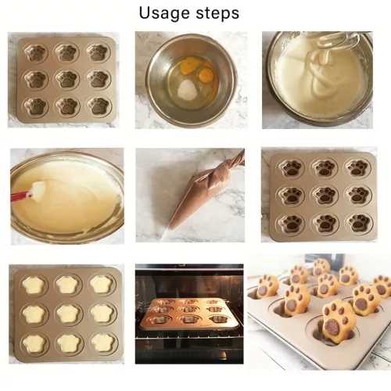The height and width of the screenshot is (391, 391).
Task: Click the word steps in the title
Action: [x=217, y=13]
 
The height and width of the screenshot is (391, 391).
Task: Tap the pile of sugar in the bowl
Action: [x=186, y=89]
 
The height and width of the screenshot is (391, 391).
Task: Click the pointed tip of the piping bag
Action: [x=163, y=237]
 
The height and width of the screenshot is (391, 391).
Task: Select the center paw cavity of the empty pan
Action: [x=66, y=79]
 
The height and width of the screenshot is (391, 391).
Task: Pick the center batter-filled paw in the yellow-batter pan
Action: [x=66, y=313]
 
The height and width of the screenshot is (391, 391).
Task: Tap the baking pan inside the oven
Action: [x=190, y=315]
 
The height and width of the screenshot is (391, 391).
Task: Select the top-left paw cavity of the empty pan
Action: [x=36, y=52]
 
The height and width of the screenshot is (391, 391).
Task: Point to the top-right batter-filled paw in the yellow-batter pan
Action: [x=102, y=284]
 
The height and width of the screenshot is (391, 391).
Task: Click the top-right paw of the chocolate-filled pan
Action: [x=357, y=167]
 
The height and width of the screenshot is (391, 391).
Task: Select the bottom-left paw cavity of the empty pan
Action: [x=37, y=106]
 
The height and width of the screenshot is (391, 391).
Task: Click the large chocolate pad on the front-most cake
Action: [x=332, y=327]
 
